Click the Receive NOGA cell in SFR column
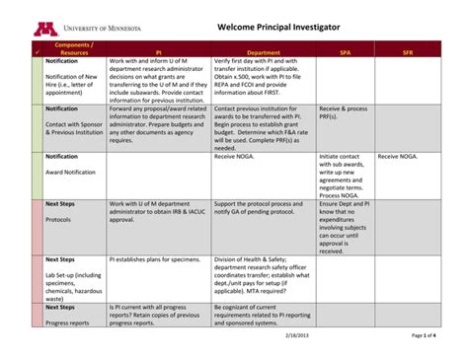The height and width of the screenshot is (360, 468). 397,157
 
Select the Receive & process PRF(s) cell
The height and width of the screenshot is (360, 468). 343,112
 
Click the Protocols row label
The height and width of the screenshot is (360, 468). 58,220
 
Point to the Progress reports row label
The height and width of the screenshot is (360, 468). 67,323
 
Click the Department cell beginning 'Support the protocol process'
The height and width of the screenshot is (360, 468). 261,208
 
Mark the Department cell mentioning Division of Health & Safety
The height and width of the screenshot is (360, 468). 263,275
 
